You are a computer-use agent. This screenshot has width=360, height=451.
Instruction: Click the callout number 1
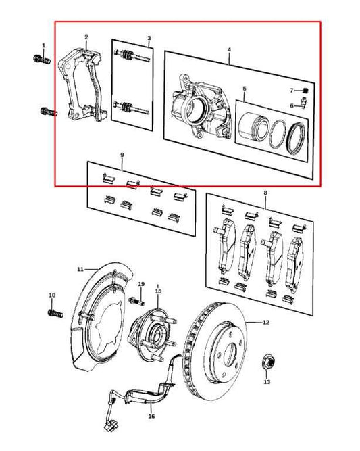tap(44, 45)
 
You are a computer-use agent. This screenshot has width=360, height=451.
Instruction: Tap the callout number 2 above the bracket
tap(86, 37)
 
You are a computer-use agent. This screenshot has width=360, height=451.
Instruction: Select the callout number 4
tap(229, 49)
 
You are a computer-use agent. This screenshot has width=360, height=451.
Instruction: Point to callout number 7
tap(292, 91)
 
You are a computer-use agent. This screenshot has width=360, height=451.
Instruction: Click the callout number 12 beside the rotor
tap(266, 322)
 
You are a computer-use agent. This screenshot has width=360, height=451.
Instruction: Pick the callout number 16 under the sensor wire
tap(152, 416)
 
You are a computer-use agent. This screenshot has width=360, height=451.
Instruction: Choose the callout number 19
tap(141, 284)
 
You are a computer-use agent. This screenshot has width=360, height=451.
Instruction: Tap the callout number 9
tap(122, 155)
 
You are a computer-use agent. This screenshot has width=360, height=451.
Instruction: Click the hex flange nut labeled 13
tap(267, 361)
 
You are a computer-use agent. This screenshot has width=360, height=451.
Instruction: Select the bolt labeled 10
tap(55, 313)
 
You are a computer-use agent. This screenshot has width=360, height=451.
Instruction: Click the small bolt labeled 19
tap(136, 301)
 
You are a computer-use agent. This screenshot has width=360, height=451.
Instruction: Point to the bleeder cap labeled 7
tap(306, 91)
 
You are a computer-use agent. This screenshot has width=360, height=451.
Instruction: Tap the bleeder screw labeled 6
tap(303, 103)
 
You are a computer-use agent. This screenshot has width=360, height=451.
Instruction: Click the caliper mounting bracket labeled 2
tap(83, 85)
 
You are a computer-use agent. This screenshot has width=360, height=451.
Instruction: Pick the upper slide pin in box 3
tap(132, 56)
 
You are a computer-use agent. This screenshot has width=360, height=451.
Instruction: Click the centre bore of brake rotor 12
tap(230, 354)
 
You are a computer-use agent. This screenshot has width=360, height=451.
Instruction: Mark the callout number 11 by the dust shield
tap(80, 269)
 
